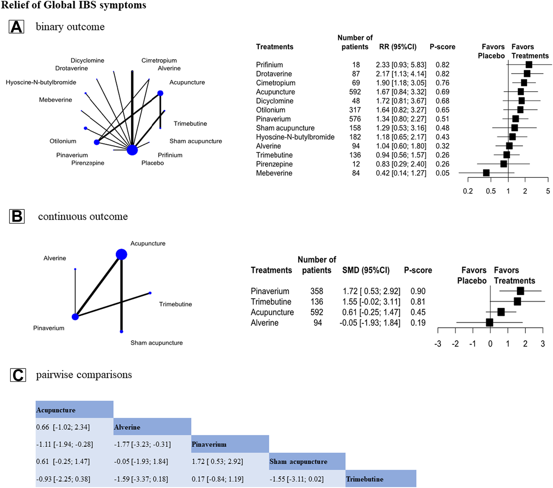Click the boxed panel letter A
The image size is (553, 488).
pos(16,27)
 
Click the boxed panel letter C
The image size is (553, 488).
pos(17,375)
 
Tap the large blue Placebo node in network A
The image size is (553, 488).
pos(132,150)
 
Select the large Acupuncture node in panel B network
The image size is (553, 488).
pos(121,254)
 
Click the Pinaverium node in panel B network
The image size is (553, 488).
pos(75,317)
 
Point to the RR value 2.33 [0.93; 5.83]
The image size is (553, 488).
pos(401,65)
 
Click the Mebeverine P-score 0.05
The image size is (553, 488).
pos(442,173)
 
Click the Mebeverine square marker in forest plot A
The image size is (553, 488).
pos(486,173)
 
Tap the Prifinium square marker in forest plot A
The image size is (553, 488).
pos(528,65)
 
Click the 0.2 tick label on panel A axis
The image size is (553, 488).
pos(468,191)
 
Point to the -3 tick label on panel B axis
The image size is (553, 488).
pos(438,344)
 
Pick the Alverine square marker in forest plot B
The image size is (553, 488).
pos(489,322)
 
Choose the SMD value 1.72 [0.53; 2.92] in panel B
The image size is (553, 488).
pos(371,291)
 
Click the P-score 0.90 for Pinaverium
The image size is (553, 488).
pos(418,291)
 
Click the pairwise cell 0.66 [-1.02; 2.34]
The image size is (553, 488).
pos(63,427)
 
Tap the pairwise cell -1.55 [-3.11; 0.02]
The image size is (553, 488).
pos(296,479)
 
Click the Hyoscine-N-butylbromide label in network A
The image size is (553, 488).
pos(41,83)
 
